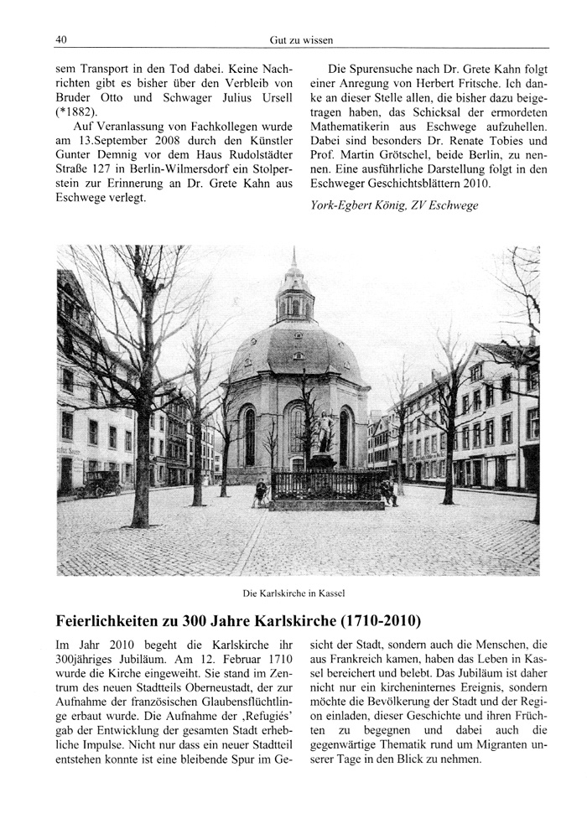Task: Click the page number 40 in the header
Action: click(61, 39)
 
